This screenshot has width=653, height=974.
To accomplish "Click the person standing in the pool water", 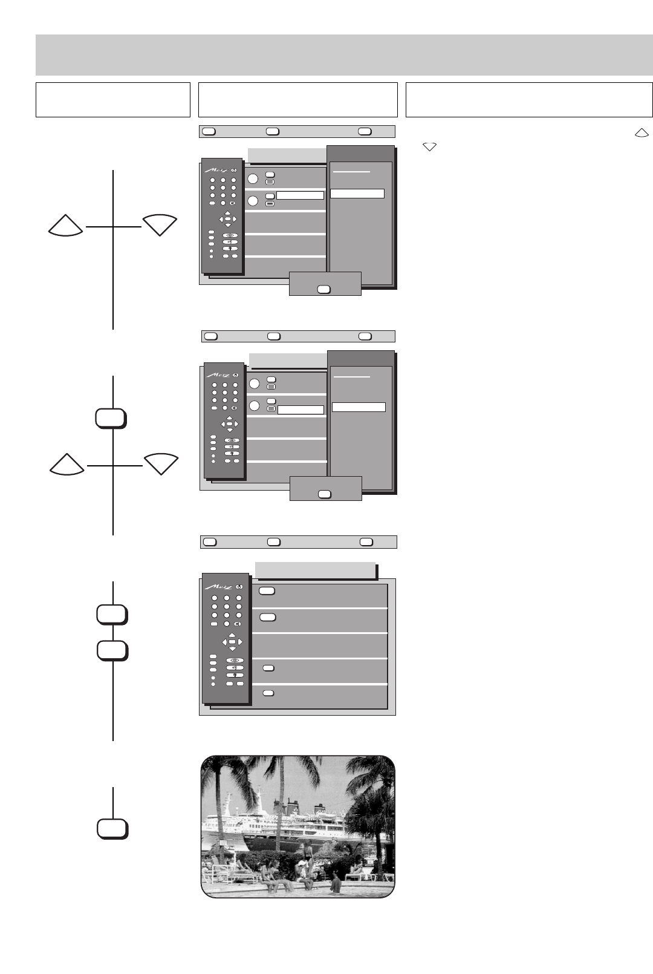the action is pyautogui.click(x=336, y=885).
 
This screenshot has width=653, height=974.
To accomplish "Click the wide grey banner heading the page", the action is pyautogui.click(x=344, y=54).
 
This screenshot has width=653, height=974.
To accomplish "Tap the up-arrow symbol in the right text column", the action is pyautogui.click(x=642, y=134).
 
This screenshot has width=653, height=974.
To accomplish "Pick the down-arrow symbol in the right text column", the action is pyautogui.click(x=430, y=146).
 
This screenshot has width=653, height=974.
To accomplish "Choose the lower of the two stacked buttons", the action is pyautogui.click(x=112, y=650).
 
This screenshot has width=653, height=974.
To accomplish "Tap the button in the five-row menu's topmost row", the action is pyautogui.click(x=267, y=590).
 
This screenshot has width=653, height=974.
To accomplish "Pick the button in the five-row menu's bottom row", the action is pyautogui.click(x=268, y=693).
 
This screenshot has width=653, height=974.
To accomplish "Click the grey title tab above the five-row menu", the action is pyautogui.click(x=315, y=570).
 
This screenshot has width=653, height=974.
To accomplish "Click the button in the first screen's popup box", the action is pyautogui.click(x=323, y=289).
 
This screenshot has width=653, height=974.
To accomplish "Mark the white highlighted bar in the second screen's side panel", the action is pyautogui.click(x=359, y=407).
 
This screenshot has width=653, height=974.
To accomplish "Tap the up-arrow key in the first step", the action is pyautogui.click(x=66, y=226).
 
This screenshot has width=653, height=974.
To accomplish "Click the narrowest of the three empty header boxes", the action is pyautogui.click(x=113, y=100).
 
